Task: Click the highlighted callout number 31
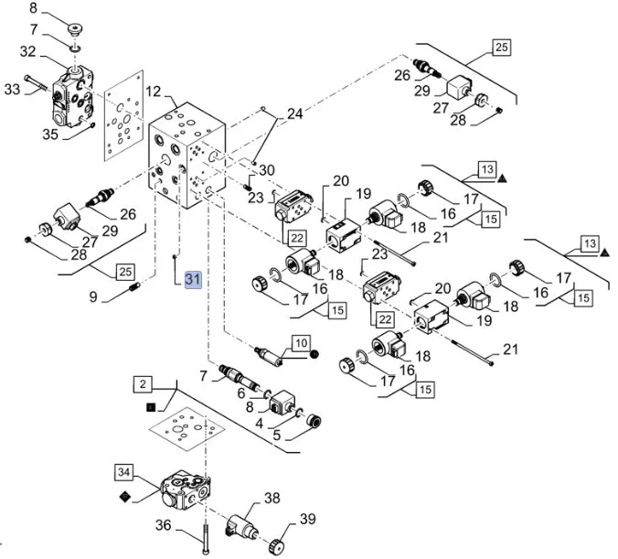(193, 280)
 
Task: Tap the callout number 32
(28, 52)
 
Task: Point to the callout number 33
(12, 89)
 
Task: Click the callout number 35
(50, 134)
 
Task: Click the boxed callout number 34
(125, 472)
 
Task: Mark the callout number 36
(164, 525)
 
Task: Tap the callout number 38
(272, 499)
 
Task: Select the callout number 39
(308, 520)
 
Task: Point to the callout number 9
(92, 296)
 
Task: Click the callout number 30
(266, 170)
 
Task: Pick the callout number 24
(293, 115)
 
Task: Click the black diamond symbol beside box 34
(125, 495)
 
